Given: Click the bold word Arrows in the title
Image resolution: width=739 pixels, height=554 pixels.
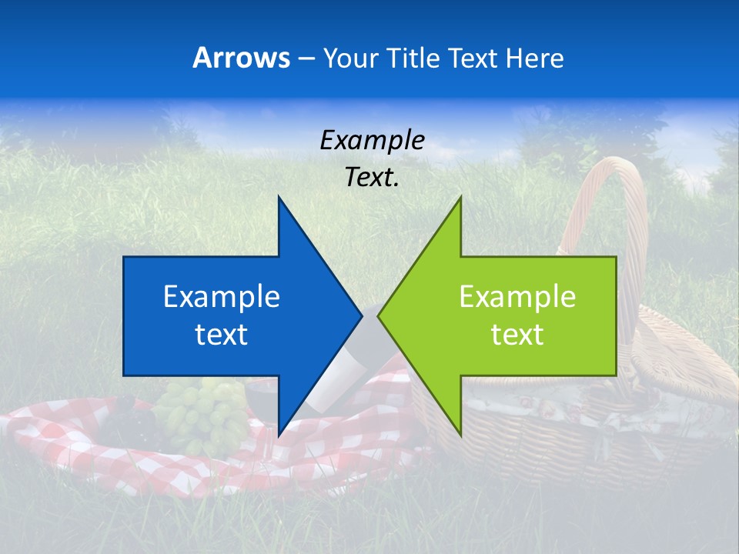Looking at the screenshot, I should pyautogui.click(x=241, y=58).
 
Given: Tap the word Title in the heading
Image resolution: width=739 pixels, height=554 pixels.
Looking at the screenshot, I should pyautogui.click(x=413, y=58).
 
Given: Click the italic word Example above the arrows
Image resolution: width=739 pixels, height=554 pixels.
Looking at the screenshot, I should pyautogui.click(x=372, y=141).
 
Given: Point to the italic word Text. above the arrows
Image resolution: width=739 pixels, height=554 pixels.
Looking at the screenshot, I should pyautogui.click(x=372, y=178).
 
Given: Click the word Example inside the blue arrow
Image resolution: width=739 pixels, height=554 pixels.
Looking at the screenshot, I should pyautogui.click(x=222, y=297).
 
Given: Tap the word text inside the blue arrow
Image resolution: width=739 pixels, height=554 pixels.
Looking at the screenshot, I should pyautogui.click(x=222, y=335).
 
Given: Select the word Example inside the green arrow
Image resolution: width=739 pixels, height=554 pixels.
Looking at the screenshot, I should pyautogui.click(x=517, y=297).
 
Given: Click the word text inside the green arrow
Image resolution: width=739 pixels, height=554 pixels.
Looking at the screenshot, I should pyautogui.click(x=517, y=335).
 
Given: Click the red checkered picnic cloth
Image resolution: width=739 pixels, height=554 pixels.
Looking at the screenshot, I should pyautogui.click(x=92, y=446).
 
